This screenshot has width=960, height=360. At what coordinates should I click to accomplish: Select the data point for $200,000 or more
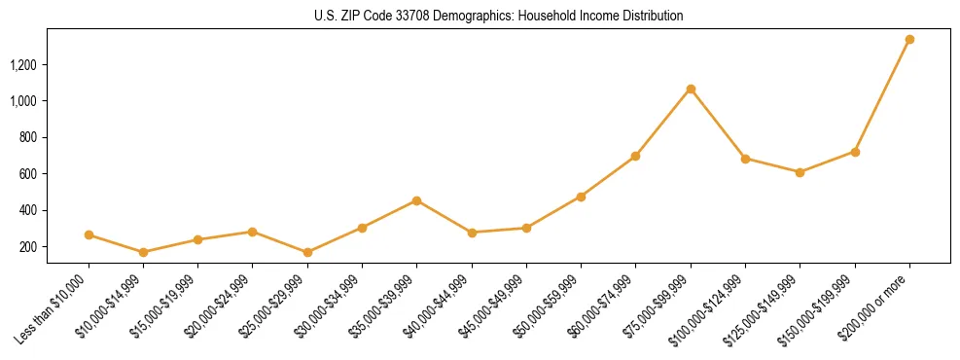point(909,40)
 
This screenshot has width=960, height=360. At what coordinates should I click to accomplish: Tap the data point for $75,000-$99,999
point(691,90)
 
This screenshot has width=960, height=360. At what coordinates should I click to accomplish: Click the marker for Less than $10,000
point(89,234)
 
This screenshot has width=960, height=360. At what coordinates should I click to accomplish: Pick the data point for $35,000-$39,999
point(416,200)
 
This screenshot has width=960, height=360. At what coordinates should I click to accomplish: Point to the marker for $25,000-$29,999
point(307,252)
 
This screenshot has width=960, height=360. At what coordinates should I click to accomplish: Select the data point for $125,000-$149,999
point(800,172)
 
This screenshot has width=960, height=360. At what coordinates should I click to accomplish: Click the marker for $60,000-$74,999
point(635,156)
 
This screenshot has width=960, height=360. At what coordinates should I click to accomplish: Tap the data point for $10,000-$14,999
point(143,252)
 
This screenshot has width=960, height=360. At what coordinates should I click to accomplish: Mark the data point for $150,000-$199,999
point(855,152)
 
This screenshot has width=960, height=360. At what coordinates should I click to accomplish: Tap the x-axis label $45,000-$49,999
point(495,304)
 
